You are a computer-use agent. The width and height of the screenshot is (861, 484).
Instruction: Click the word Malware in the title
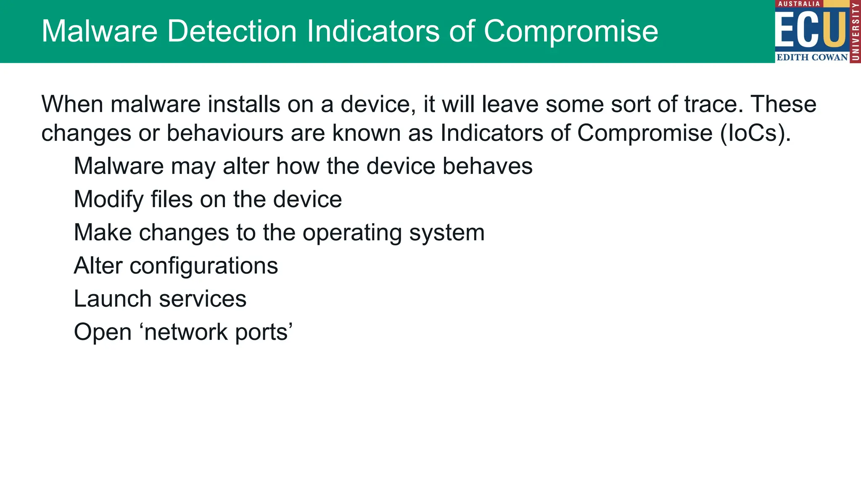(99, 32)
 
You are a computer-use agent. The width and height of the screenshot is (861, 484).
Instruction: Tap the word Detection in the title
(232, 32)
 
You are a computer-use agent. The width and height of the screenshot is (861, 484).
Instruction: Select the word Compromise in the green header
(570, 32)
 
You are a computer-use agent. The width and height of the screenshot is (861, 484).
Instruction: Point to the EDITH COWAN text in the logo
(812, 57)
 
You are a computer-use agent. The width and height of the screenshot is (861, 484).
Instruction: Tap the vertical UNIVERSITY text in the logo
(855, 32)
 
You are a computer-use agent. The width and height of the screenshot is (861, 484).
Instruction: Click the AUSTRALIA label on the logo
(799, 4)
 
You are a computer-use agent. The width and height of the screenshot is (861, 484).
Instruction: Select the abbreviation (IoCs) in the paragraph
(755, 133)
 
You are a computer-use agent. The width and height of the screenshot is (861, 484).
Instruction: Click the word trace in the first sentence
(710, 104)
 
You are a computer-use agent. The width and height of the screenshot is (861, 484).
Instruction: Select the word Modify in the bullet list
(108, 200)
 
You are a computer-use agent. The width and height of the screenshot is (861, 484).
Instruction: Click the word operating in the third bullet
(352, 233)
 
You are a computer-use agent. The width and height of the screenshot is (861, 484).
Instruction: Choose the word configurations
(203, 266)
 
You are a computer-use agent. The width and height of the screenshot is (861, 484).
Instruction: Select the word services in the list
(203, 299)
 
